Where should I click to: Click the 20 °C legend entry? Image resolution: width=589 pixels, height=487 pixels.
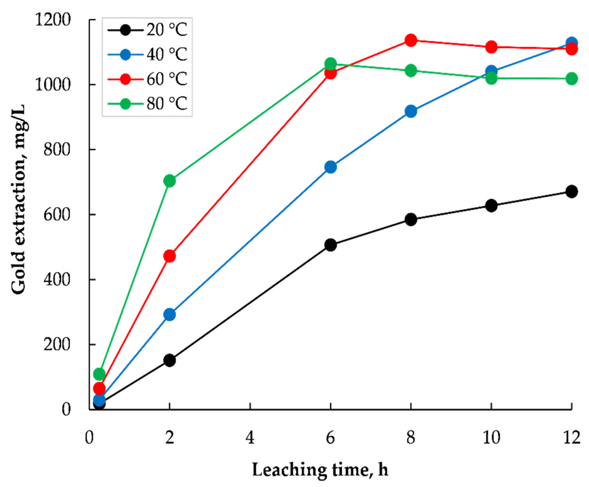click(147, 30)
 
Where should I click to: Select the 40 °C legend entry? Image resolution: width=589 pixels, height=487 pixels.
click(147, 54)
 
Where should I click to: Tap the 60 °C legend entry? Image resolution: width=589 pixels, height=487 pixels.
click(147, 79)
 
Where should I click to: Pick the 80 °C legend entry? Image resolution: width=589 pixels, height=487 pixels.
click(147, 104)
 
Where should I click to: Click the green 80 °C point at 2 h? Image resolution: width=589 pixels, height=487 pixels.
click(169, 181)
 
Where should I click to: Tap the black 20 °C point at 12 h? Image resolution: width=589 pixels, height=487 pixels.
click(571, 192)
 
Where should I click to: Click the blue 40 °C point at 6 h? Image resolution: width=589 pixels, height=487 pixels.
click(330, 167)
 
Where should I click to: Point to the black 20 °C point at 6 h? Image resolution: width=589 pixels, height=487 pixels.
click(330, 245)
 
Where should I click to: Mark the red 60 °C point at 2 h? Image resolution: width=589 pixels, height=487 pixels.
click(169, 256)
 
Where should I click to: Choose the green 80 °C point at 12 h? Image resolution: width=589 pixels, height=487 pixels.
click(571, 79)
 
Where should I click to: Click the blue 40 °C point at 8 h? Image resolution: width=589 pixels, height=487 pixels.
click(411, 111)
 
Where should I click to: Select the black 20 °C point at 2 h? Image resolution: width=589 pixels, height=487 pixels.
click(169, 360)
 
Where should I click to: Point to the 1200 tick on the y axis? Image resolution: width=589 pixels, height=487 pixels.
click(52, 20)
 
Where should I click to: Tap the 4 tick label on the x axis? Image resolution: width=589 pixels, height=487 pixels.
click(250, 438)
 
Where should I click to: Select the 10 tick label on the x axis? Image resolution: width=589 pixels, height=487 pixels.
click(491, 438)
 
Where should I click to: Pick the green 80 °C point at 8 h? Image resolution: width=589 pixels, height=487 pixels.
click(411, 70)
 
